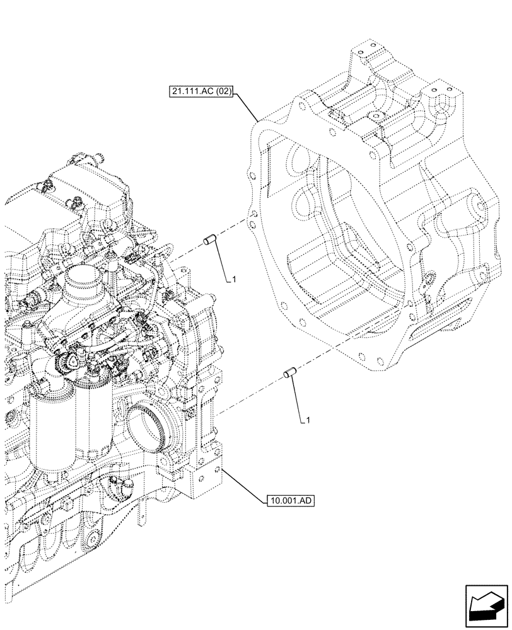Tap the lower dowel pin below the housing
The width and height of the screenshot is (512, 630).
coord(291,372)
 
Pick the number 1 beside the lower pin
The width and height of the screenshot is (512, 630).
coord(307,419)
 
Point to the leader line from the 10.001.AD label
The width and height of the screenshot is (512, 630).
coord(242,486)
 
